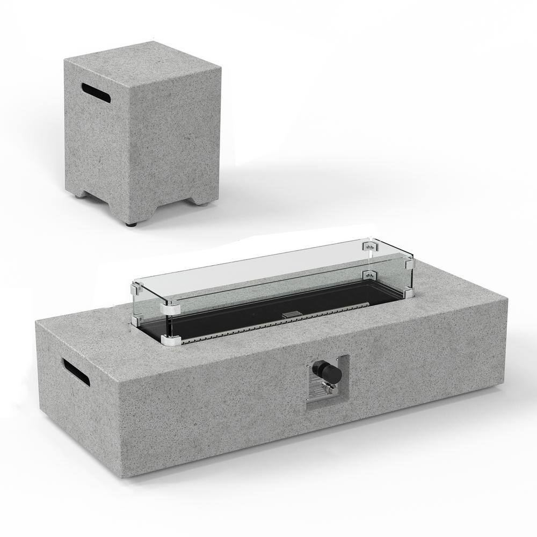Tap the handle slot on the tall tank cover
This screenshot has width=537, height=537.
(x=97, y=93)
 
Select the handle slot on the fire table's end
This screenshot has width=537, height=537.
(x=76, y=372)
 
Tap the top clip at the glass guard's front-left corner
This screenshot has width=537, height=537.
(x=169, y=308)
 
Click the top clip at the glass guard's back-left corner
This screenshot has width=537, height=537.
(x=135, y=291)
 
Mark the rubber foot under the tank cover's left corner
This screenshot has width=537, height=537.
(x=78, y=197)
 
